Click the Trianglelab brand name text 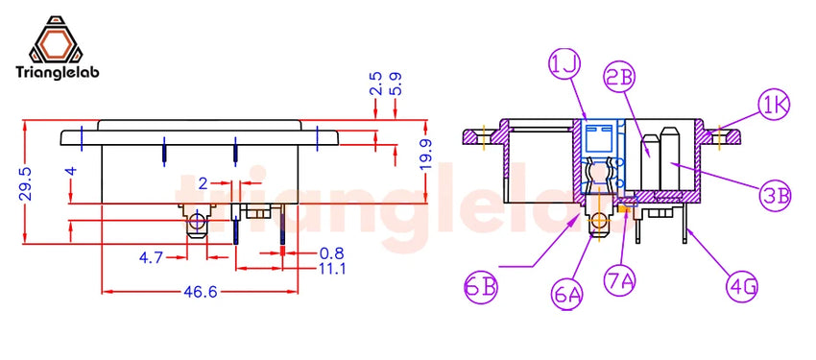[60, 74]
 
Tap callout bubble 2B [620, 76]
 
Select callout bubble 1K [774, 106]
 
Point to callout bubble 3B [775, 196]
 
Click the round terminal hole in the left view [198, 223]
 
